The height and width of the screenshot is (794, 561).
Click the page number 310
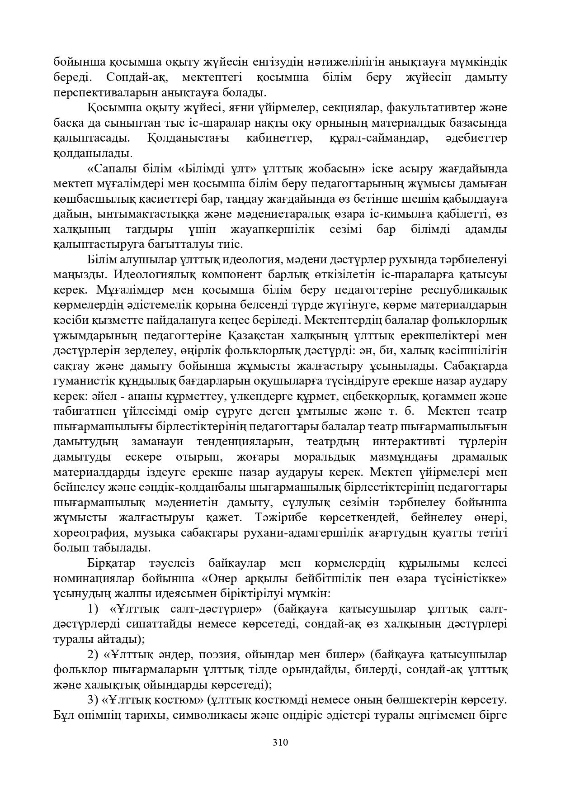coord(280,742)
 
